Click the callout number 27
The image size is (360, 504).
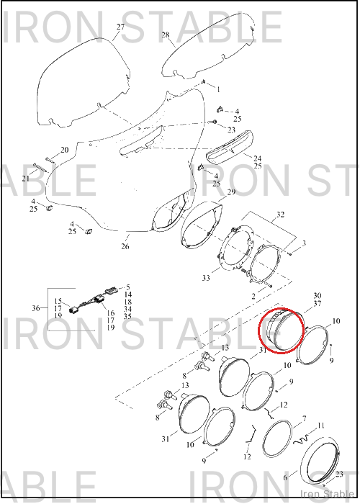coord(120,27)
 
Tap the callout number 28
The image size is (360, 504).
coord(165,35)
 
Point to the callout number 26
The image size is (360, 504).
coord(125,246)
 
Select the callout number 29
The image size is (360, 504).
coord(231,192)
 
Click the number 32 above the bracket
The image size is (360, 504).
coord(280,214)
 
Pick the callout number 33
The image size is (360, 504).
coord(206,278)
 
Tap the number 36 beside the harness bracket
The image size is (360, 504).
coord(36,308)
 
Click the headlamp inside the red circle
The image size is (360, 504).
coord(282,330)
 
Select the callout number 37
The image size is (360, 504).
coord(318,303)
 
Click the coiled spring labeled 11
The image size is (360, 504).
coord(301,439)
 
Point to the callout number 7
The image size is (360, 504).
coord(304,418)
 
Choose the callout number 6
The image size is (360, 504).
coord(285,477)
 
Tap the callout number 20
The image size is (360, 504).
coord(65,150)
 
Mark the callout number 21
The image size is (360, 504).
coord(26,179)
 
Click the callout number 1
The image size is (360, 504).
coord(219,89)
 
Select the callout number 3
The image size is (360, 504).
coord(304,243)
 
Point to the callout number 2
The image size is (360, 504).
coord(253,296)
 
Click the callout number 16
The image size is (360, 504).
coord(111,312)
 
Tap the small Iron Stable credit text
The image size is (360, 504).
coord(327,494)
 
